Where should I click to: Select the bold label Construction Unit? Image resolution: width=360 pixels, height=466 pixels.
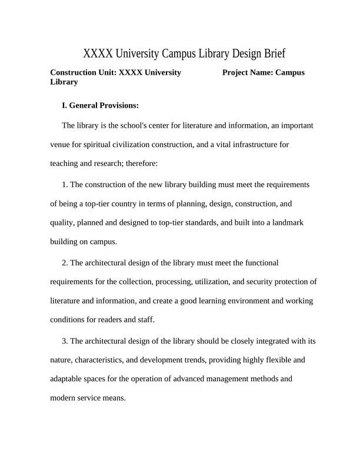coord(84,72)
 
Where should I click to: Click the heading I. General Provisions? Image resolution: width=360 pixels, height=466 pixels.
coord(100,106)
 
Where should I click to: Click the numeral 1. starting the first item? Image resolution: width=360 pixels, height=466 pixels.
coord(65,185)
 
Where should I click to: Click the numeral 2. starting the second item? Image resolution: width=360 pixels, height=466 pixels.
coord(65,262)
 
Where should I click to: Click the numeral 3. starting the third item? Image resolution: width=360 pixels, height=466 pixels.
coord(65,341)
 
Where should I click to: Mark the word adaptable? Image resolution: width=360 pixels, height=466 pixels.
coord(68,378)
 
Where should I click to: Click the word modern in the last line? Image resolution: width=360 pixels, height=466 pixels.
coord(64,397)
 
